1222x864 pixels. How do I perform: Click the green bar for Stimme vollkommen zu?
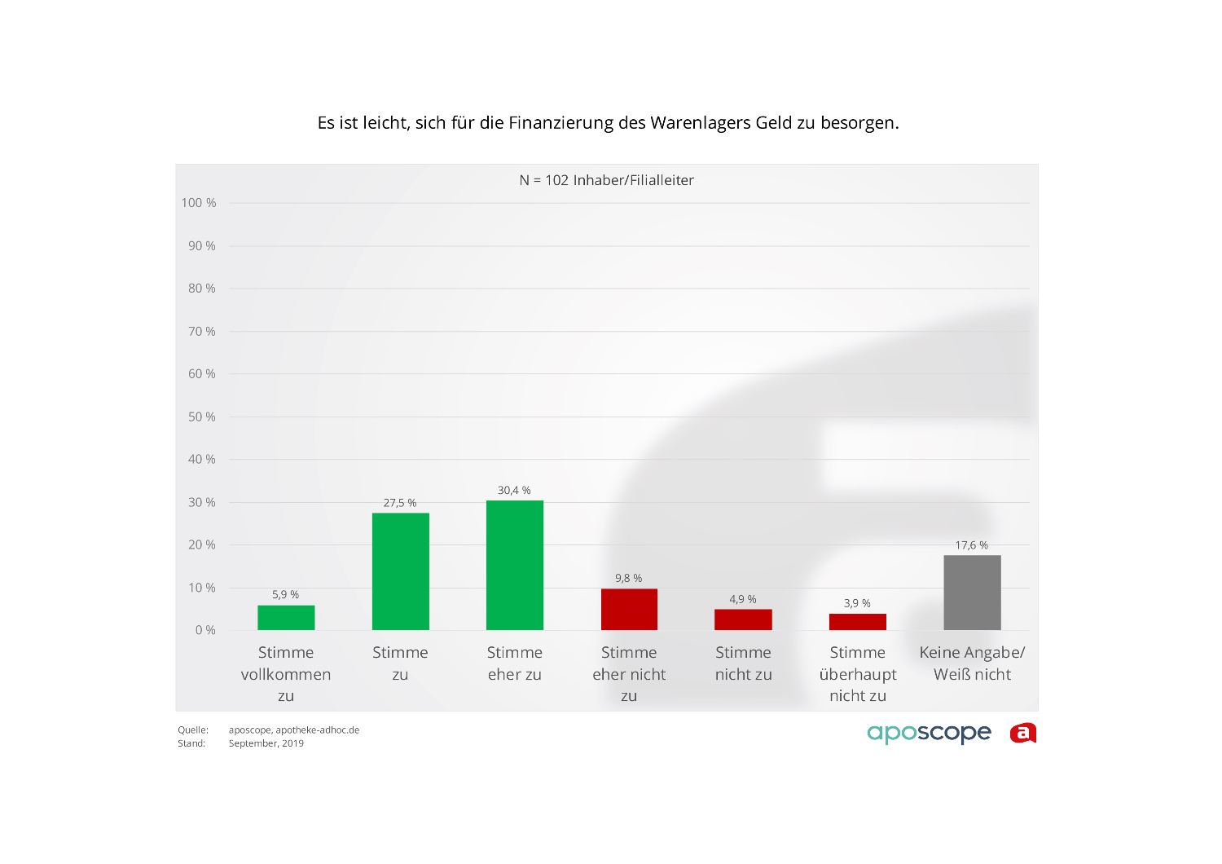pos(286,618)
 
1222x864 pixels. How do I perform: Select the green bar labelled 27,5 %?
pos(400,571)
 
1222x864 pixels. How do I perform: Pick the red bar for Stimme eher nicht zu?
pos(629,610)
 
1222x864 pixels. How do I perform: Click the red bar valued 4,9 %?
pos(743,619)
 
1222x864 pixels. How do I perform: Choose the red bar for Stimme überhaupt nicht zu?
pos(857,622)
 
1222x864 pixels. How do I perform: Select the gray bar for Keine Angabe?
pos(972,593)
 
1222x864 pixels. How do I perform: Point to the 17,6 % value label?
pos(972,545)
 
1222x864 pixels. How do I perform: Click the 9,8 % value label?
pos(629,579)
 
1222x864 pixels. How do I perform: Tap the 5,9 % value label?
pos(286,595)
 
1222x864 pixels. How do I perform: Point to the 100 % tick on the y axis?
pos(199,203)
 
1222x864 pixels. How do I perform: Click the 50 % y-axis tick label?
pos(202,417)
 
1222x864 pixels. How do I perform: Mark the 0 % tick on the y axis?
pos(205,630)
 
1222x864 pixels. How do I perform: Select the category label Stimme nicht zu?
pos(743,663)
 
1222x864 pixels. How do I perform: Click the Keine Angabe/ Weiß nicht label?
pos(972,663)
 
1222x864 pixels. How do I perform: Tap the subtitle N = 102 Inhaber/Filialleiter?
pos(607,180)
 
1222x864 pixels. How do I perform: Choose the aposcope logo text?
pos(929,733)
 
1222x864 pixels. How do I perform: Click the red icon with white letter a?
pos(1023,733)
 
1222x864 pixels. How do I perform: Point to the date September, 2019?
pos(266,743)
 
